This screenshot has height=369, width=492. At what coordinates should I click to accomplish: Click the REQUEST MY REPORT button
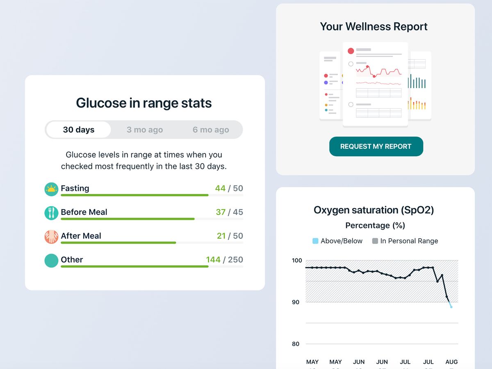tap(376, 146)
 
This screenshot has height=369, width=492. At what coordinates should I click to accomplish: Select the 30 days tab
tap(78, 130)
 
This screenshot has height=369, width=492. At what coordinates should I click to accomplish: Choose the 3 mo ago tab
tap(145, 130)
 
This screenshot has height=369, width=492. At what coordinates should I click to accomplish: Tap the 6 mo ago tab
tap(211, 130)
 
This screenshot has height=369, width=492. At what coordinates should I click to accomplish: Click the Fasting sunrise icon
tap(51, 189)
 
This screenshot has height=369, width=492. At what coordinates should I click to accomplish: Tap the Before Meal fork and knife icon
tap(51, 213)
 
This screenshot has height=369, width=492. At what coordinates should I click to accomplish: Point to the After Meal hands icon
tap(51, 237)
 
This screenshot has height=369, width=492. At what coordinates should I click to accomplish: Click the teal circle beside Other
tap(51, 260)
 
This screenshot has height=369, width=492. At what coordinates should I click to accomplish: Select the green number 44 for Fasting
tap(220, 188)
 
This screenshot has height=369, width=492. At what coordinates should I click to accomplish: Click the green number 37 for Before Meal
tap(221, 212)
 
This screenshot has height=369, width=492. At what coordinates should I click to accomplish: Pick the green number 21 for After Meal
tap(221, 236)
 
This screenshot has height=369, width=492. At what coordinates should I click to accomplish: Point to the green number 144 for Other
tap(213, 260)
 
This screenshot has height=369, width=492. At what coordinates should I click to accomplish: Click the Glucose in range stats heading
tap(144, 103)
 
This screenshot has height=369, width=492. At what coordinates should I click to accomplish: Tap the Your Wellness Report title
tap(374, 27)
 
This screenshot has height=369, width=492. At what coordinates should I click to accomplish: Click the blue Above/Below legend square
tap(315, 241)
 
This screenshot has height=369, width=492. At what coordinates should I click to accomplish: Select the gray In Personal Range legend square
tap(375, 241)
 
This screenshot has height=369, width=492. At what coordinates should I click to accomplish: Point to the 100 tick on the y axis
tap(296, 260)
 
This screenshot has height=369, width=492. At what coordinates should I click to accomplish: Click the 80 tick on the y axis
tap(296, 344)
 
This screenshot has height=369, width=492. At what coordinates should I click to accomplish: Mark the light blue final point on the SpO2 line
tap(451, 307)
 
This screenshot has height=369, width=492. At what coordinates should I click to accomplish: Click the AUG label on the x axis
tap(451, 362)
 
